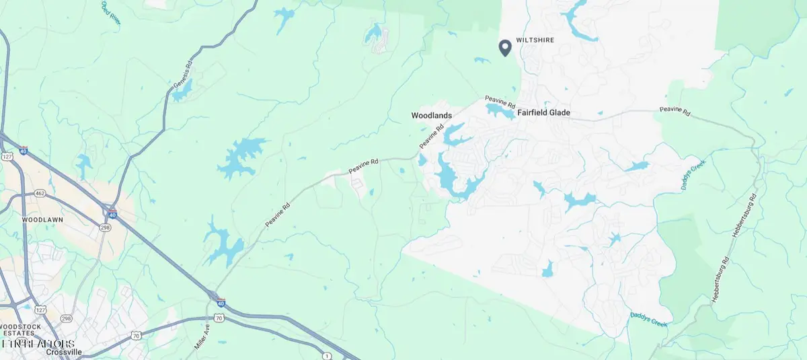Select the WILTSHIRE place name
pyautogui.click(x=535, y=40)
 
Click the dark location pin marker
pyautogui.click(x=505, y=47)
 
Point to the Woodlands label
pyautogui.click(x=431, y=116)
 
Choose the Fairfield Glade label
pyautogui.click(x=543, y=113)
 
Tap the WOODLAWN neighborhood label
pyautogui.click(x=42, y=220)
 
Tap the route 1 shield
pyautogui.click(x=327, y=355)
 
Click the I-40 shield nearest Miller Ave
pyautogui.click(x=213, y=295)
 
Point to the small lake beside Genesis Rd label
pyautogui.click(x=182, y=92)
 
